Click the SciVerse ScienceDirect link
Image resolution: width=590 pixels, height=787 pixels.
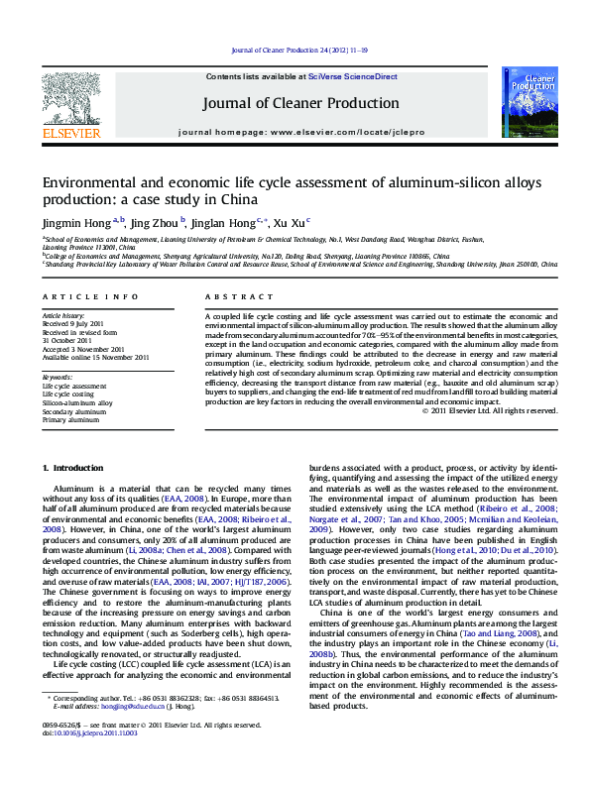coord(352,76)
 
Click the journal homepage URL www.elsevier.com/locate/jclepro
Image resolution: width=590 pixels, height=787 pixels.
coord(351,131)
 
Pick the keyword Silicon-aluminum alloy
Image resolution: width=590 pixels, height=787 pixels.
coord(77,403)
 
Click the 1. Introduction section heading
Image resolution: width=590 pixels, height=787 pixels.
coord(71,467)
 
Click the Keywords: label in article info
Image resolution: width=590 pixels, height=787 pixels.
coord(58,378)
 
